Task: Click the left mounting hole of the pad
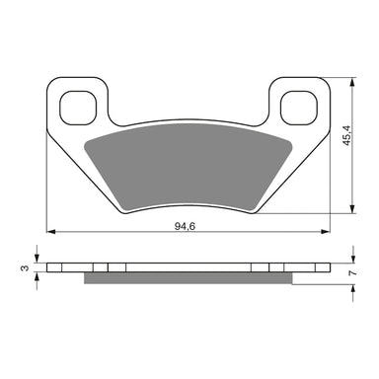click(x=76, y=105)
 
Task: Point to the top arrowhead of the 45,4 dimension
click(x=350, y=80)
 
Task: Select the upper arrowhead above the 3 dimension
click(x=38, y=258)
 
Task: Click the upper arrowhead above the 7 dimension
click(x=350, y=258)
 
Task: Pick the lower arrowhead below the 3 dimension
click(x=38, y=277)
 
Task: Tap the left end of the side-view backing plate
click(x=50, y=267)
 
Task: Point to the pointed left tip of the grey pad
click(x=85, y=142)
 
